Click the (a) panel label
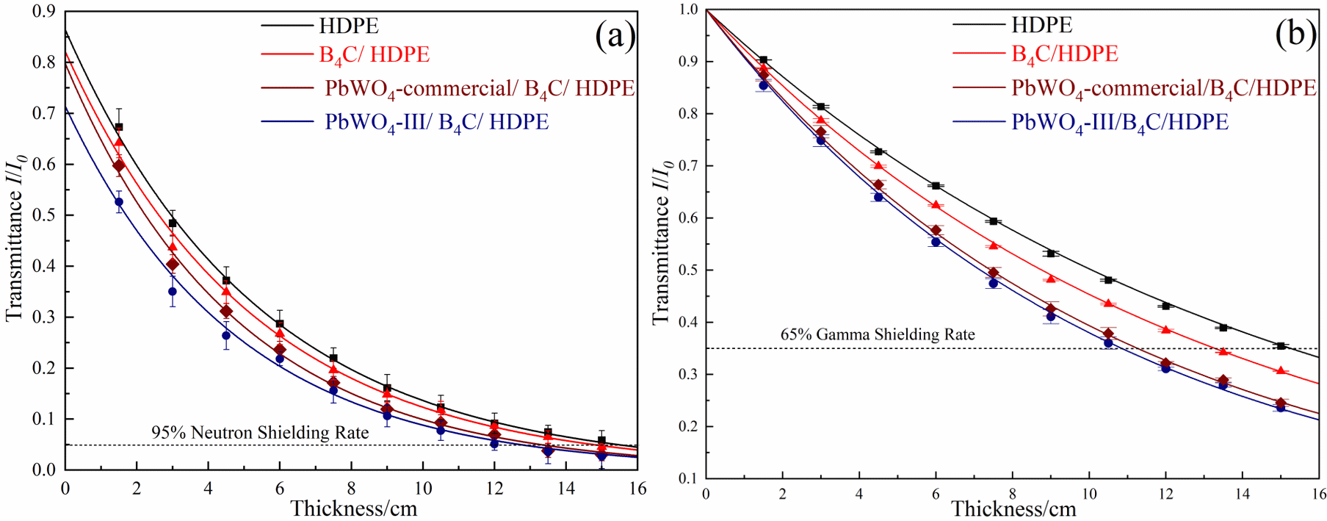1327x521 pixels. (x=615, y=35)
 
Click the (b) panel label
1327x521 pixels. (x=1295, y=34)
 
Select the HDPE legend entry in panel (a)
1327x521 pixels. (x=348, y=26)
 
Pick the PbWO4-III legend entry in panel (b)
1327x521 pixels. (x=1119, y=122)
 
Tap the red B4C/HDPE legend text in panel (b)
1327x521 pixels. (x=1064, y=54)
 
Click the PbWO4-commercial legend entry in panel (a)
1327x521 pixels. (x=479, y=89)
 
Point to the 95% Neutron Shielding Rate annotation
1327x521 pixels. (x=260, y=433)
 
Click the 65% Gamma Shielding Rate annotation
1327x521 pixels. (x=877, y=334)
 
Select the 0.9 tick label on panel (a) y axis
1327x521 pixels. (x=43, y=11)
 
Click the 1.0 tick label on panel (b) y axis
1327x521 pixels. (x=688, y=10)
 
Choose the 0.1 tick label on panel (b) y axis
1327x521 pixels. (x=688, y=478)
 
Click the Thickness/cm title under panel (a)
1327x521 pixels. (x=353, y=509)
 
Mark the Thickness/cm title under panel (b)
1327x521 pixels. (x=1013, y=509)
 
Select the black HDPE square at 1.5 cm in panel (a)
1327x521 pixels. (x=119, y=127)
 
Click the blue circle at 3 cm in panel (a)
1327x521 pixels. (x=173, y=292)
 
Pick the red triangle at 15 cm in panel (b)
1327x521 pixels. (x=1281, y=371)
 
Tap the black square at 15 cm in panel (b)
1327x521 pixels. (x=1281, y=345)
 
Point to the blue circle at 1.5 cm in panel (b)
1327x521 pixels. (x=763, y=86)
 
